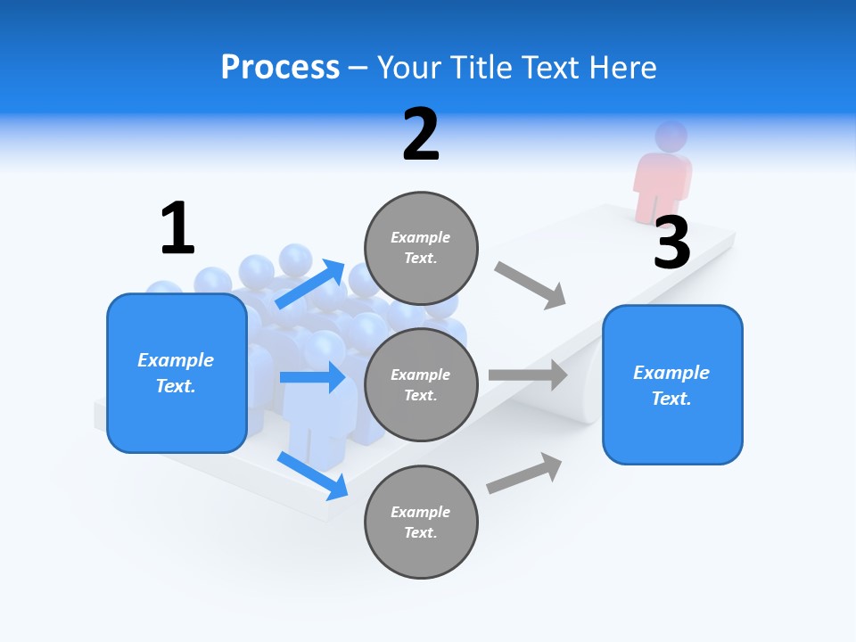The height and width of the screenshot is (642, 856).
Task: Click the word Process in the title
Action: pyautogui.click(x=280, y=68)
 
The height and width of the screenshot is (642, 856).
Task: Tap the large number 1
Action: pyautogui.click(x=177, y=228)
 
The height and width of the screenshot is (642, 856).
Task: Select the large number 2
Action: pyautogui.click(x=421, y=135)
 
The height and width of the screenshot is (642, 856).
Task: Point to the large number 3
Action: pyautogui.click(x=671, y=243)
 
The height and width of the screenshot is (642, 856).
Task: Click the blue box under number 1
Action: pyautogui.click(x=177, y=373)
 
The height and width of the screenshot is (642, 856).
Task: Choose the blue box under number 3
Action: pyautogui.click(x=672, y=384)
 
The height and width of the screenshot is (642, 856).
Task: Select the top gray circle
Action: pyautogui.click(x=421, y=247)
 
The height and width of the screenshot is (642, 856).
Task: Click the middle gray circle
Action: pyautogui.click(x=421, y=384)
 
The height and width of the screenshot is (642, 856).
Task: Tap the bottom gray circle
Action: pyautogui.click(x=421, y=522)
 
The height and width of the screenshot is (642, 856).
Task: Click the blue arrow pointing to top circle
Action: pyautogui.click(x=311, y=284)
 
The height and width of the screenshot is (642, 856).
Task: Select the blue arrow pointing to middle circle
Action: pyautogui.click(x=312, y=377)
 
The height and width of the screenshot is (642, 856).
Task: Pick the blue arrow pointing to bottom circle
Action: pyautogui.click(x=312, y=475)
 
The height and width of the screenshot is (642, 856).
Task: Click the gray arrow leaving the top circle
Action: pyautogui.click(x=531, y=284)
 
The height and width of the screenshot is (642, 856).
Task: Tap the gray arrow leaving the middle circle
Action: pyautogui.click(x=528, y=375)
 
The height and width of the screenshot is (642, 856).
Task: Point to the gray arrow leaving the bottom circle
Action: pyautogui.click(x=524, y=473)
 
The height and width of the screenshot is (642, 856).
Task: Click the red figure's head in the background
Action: pyautogui.click(x=671, y=136)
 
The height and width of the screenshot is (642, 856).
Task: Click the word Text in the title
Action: pyautogui.click(x=551, y=68)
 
